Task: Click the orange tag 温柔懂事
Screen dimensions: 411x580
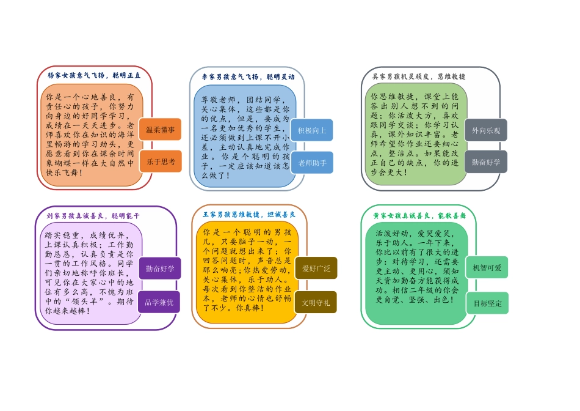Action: point(160,130)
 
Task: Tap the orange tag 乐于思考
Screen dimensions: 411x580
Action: point(161,161)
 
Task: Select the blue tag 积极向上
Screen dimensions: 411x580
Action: point(312,130)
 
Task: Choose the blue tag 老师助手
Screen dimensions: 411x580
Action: point(312,163)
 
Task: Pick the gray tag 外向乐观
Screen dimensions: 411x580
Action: point(486,130)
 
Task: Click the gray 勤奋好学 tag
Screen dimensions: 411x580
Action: point(486,162)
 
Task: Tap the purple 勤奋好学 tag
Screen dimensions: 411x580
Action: point(160,268)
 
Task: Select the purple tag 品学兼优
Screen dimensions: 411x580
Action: point(159,302)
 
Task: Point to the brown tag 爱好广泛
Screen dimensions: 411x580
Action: point(316,268)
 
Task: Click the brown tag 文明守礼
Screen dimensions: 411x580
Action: point(316,302)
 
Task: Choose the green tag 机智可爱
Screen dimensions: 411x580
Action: point(487,268)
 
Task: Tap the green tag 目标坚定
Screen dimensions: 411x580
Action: point(487,303)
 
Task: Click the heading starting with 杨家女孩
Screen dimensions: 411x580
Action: point(94,76)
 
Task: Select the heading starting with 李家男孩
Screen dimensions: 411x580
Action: point(248,77)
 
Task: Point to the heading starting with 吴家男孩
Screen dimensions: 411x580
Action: point(419,76)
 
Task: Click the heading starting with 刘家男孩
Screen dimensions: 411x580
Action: point(93,216)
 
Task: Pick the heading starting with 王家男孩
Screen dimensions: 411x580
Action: point(249,215)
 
